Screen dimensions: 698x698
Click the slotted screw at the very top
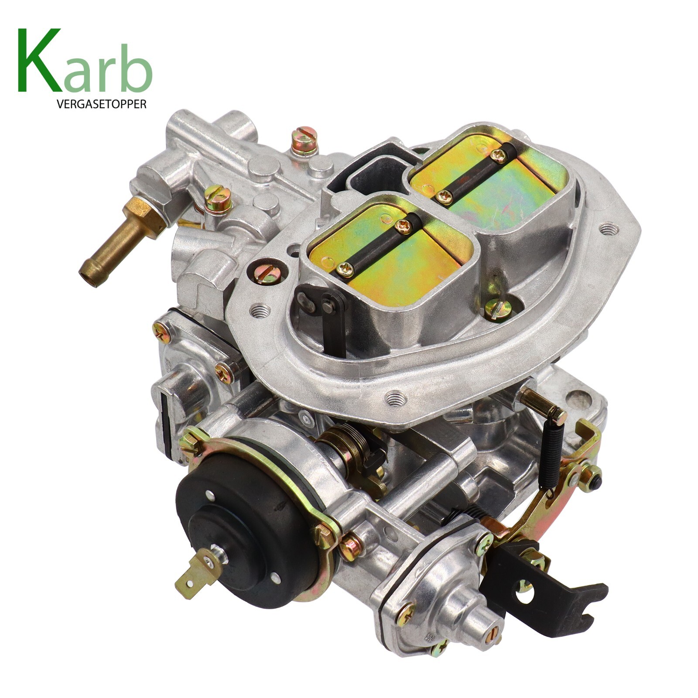(305, 140)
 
